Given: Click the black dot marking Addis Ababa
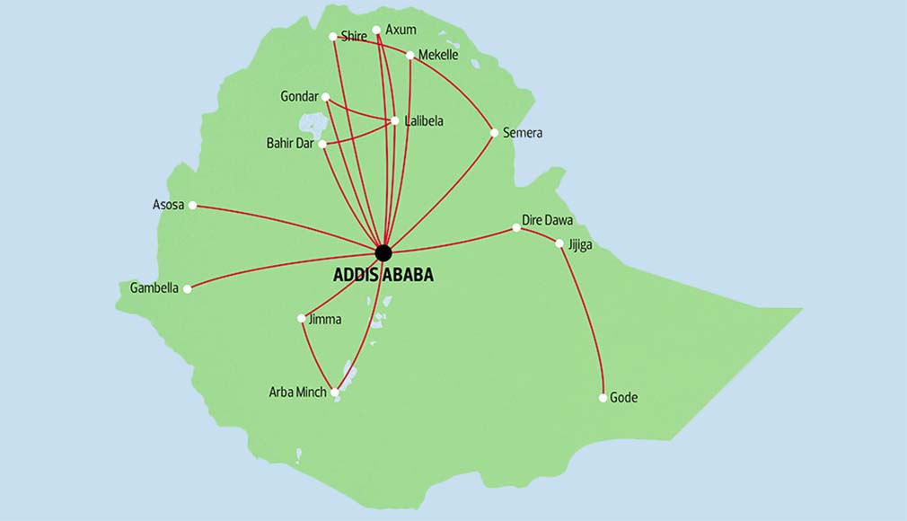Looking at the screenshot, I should [383, 252].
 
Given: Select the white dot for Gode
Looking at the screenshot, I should [603, 397].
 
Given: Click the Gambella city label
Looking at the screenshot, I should [154, 288].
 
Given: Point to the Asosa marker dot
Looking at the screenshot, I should [192, 205].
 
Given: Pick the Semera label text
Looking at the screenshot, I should [523, 133].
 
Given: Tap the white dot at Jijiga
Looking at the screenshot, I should [559, 243].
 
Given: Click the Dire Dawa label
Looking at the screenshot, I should [548, 220].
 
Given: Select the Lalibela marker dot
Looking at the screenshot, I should [393, 120].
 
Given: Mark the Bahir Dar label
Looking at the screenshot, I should [290, 143].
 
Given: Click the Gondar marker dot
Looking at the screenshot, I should [325, 97].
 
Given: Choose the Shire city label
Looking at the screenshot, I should [354, 37].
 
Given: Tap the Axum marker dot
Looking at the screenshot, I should [376, 30].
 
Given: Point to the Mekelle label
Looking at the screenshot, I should [438, 55].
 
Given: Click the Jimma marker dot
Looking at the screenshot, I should [301, 318].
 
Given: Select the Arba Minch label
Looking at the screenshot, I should [297, 392].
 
